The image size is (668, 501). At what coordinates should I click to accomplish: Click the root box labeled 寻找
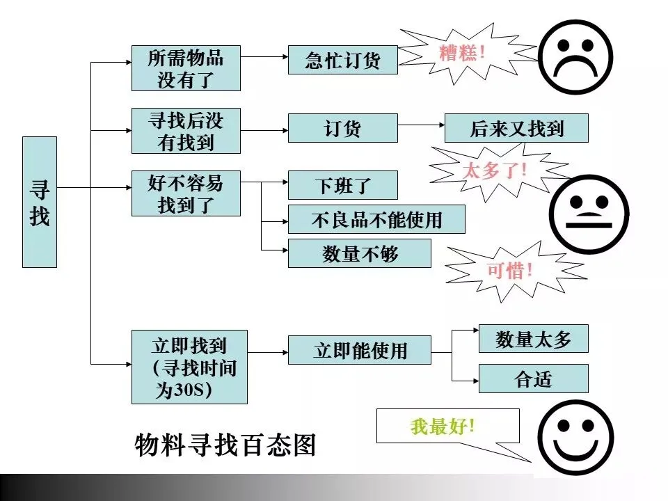coord(40,202)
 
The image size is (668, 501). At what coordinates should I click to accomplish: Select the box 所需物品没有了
coord(186,68)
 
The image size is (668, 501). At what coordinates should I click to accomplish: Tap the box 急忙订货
coord(342,60)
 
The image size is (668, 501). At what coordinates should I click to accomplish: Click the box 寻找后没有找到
coord(186,131)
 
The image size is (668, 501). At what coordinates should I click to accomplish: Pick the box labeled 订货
coord(342,128)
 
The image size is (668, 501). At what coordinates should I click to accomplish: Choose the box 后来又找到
coord(516,128)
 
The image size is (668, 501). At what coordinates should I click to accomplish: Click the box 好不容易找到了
coord(186,193)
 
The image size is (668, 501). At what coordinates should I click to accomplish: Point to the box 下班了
coord(342,185)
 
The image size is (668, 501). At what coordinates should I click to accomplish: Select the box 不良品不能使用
coord(376,219)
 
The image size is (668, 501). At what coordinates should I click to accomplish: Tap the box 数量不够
coord(359,253)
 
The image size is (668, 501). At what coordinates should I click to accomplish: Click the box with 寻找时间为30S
coord(189,367)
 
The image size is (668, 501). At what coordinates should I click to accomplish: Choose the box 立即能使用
coord(359,350)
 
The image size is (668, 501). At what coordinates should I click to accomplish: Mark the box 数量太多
coord(533,339)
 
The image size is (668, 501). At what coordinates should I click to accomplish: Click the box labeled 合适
coord(533,379)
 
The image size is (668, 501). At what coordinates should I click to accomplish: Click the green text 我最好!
coord(443,426)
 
